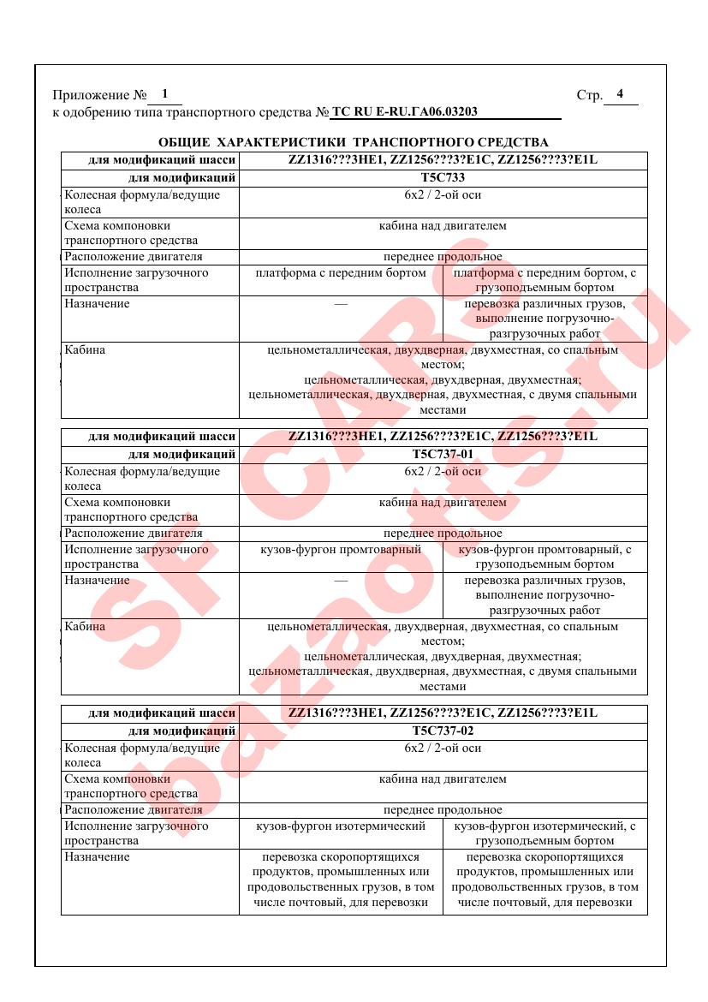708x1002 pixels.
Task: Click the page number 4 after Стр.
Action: pos(620,94)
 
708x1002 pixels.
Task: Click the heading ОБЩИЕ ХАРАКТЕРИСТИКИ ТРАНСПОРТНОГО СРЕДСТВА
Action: pos(354,141)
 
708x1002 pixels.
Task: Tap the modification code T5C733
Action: pos(443,178)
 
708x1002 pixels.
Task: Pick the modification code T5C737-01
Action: pos(443,454)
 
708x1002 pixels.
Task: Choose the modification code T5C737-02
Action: pos(443,731)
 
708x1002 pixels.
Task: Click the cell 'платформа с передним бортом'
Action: pos(341,273)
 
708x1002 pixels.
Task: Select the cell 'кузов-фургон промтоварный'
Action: pos(341,550)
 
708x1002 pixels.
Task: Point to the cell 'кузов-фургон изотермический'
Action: pos(341,826)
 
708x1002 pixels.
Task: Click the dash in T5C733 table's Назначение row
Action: pos(341,304)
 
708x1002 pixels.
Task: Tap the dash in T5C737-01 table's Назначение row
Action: pos(341,581)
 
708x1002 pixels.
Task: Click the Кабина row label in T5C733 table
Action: pos(86,350)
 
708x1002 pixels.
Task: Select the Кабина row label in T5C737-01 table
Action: pos(86,627)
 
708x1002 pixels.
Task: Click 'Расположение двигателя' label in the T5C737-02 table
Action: pos(134,810)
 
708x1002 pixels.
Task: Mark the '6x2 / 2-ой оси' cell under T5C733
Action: pos(443,195)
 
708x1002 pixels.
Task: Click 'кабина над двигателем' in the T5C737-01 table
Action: pos(443,503)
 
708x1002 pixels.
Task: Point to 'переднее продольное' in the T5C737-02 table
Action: pos(443,810)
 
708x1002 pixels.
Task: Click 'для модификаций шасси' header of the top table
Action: pos(163,160)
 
